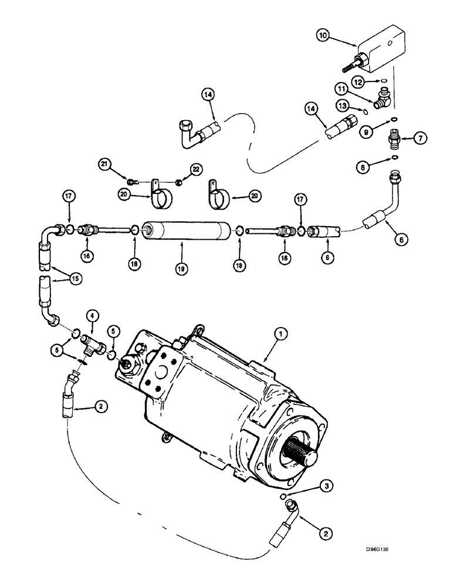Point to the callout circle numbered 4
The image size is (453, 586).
(x=92, y=316)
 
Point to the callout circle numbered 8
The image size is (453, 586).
(x=364, y=168)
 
